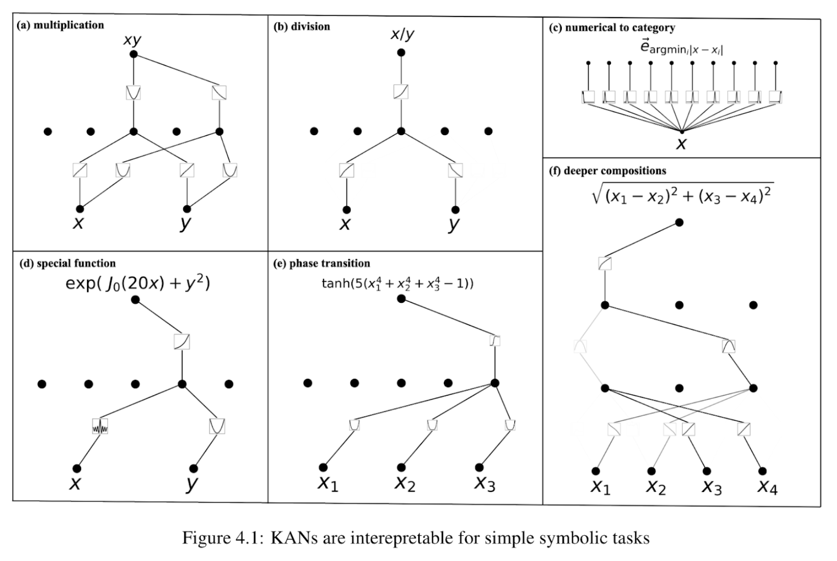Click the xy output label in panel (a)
coord(132,40)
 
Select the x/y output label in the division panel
coord(402,35)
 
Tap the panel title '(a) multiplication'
coord(60,25)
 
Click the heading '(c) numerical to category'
coord(612,28)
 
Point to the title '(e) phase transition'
coord(321,263)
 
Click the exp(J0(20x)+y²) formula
coord(138,283)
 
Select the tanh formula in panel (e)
coord(398,283)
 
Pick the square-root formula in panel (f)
coord(682,194)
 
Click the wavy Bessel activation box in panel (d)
coord(100,426)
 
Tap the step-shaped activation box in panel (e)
coord(495,341)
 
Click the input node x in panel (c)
coord(682,132)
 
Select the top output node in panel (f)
coord(680,222)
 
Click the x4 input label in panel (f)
coord(767,487)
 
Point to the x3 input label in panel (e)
coord(485,484)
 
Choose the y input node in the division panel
coord(455,210)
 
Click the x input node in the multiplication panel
coord(80,209)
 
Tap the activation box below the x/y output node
coord(401,91)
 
